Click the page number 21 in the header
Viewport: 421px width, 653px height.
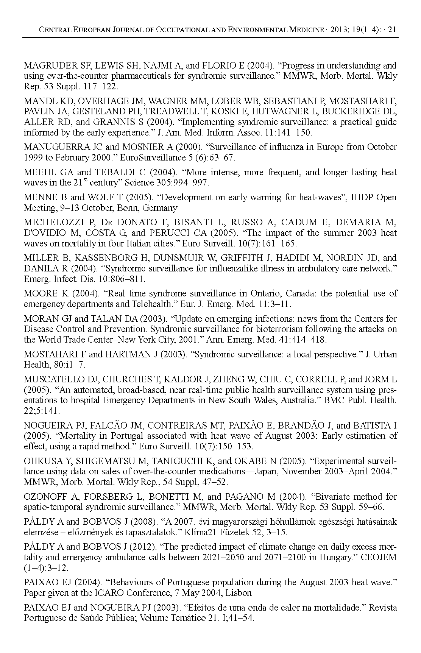tap(392, 30)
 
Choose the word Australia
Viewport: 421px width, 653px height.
tap(298, 400)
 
